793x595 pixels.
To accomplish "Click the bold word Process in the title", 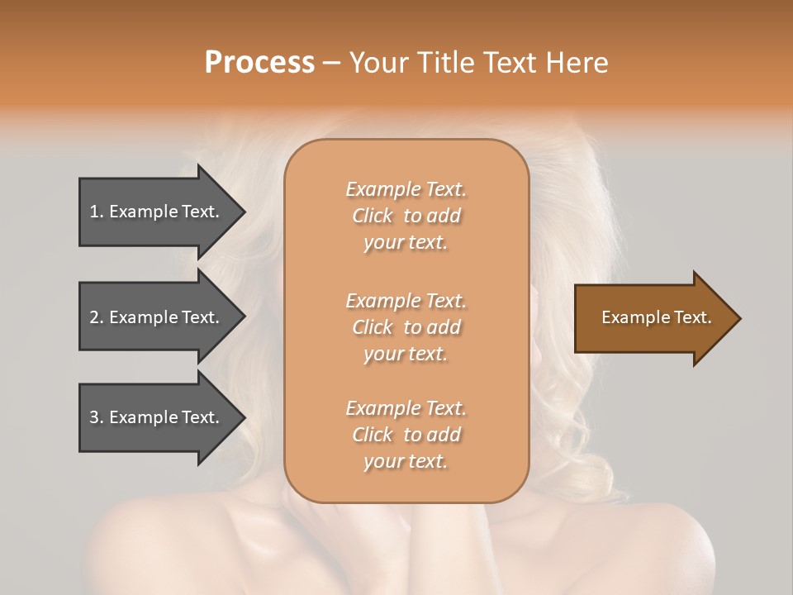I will (259, 63).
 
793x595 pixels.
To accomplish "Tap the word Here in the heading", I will (577, 63).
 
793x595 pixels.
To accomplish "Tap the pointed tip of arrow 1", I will (243, 212).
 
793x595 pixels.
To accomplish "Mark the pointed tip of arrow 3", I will (243, 417).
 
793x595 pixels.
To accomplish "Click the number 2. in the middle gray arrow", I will (97, 317).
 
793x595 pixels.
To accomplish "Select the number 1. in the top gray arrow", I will (97, 212).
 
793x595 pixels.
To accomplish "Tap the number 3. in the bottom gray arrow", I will (97, 417).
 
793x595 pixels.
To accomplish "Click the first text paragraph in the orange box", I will (406, 216).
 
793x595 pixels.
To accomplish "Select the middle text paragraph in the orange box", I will (406, 327).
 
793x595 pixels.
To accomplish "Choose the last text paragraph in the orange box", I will (406, 435).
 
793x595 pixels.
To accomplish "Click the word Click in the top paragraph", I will (373, 216).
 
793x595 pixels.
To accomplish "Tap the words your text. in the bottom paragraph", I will (406, 461).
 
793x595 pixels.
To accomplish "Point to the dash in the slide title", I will (331, 64).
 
